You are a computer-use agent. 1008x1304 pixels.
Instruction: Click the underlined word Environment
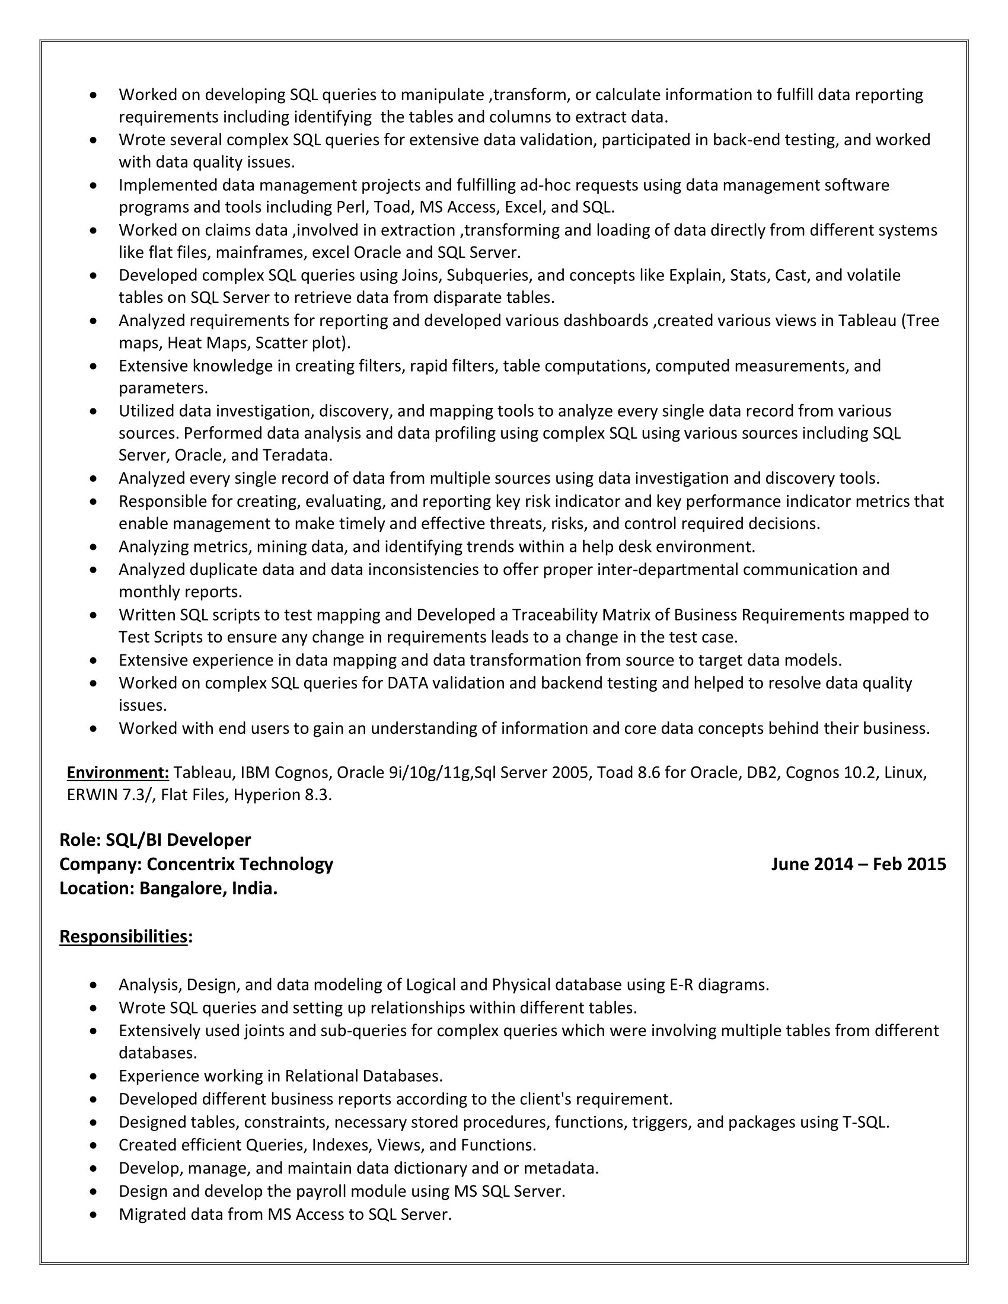tap(117, 772)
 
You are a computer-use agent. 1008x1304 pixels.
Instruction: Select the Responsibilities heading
tap(123, 936)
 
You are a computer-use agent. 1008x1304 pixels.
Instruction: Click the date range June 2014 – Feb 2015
tap(858, 864)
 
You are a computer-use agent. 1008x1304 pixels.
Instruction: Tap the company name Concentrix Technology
tap(240, 864)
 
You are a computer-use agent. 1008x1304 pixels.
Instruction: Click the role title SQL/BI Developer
tap(178, 839)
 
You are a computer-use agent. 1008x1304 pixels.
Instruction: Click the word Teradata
tap(296, 455)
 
